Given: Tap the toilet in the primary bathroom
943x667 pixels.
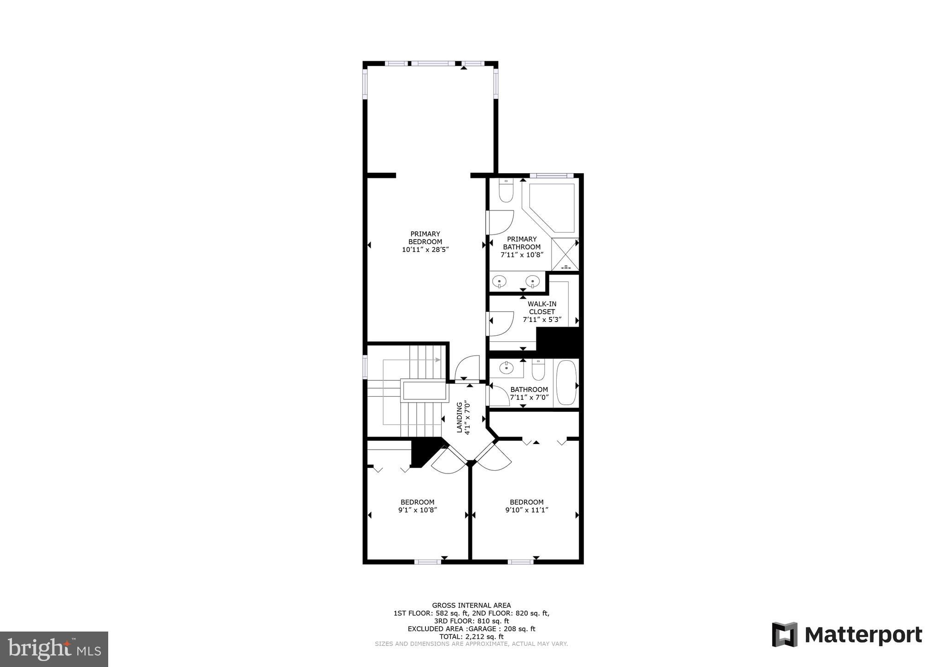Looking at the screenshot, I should click(506, 191).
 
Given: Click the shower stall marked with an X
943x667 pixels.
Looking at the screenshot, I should click(565, 254).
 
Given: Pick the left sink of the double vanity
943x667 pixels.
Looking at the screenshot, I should click(499, 281).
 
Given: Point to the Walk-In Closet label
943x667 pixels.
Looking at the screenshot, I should click(541, 308).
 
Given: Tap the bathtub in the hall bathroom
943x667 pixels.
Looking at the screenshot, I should click(566, 382).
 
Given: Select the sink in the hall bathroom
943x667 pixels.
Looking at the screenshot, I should click(506, 368).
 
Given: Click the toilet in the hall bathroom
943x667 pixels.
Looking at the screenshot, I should click(538, 369).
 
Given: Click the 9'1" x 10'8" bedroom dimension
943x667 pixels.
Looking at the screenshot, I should click(417, 510).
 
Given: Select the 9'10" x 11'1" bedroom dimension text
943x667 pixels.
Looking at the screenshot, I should click(526, 510).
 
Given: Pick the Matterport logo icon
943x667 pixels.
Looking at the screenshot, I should click(785, 634).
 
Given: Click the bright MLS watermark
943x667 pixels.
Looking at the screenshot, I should click(54, 649).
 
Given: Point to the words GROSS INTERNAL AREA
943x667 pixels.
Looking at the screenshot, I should click(471, 605).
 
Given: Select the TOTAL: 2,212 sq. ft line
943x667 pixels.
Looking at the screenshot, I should click(471, 637).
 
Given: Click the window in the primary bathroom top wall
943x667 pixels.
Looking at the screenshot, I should click(551, 176).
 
